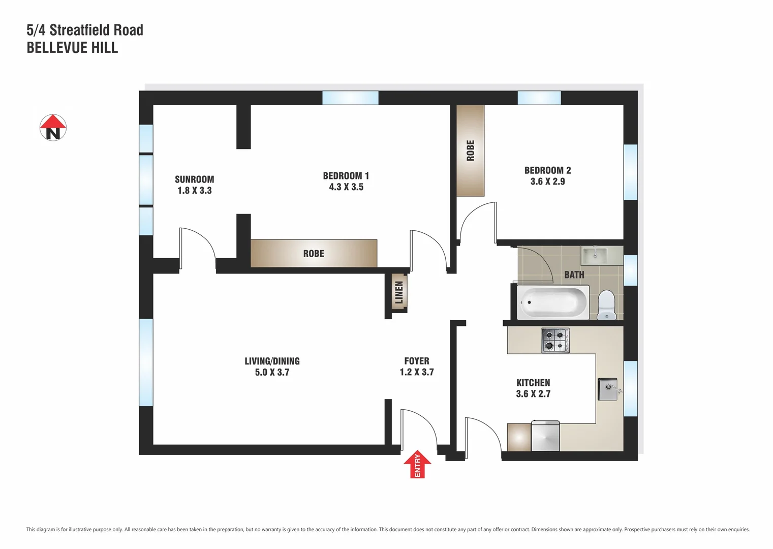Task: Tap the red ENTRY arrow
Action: pyautogui.click(x=417, y=464)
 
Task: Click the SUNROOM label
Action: pyautogui.click(x=194, y=179)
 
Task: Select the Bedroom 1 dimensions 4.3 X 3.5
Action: pyautogui.click(x=346, y=187)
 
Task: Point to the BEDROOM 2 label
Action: pyautogui.click(x=547, y=170)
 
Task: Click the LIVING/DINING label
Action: pyautogui.click(x=272, y=361)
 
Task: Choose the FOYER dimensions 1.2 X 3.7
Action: pyautogui.click(x=417, y=372)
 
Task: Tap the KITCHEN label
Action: pyautogui.click(x=533, y=383)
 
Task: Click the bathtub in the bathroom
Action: pyautogui.click(x=553, y=302)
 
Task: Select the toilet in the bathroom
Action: pyautogui.click(x=607, y=304)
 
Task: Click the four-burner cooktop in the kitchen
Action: pyautogui.click(x=555, y=340)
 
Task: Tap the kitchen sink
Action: pyautogui.click(x=608, y=389)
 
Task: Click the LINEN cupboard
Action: pyautogui.click(x=399, y=292)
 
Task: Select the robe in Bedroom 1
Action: pyautogui.click(x=314, y=253)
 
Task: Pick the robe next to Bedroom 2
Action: pyautogui.click(x=470, y=150)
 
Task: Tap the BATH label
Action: pyautogui.click(x=574, y=275)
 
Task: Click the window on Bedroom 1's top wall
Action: pyautogui.click(x=350, y=98)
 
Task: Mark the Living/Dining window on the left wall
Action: pyautogui.click(x=146, y=362)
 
